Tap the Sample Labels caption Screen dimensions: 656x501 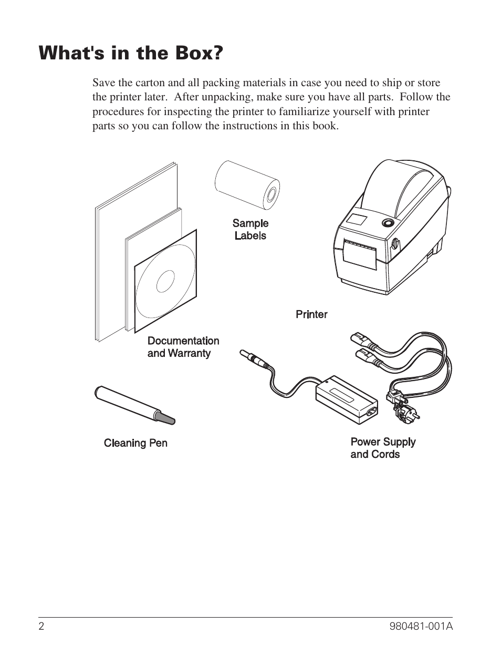pyautogui.click(x=250, y=230)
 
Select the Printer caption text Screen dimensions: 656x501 pyautogui.click(x=311, y=314)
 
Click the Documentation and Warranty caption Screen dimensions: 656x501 pyautogui.click(x=183, y=347)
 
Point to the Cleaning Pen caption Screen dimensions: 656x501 pyautogui.click(x=135, y=443)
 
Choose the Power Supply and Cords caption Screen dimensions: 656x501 pyautogui.click(x=383, y=448)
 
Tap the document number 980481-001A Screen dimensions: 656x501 pyautogui.click(x=422, y=626)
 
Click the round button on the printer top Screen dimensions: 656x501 pyautogui.click(x=388, y=222)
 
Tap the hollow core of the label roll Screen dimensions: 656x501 pyautogui.click(x=273, y=196)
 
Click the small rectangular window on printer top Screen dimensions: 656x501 pyautogui.click(x=358, y=220)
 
